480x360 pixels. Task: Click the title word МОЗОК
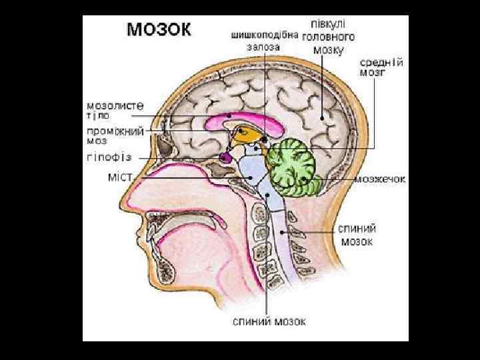pyautogui.click(x=159, y=29)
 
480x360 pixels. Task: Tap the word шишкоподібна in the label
pyautogui.click(x=265, y=35)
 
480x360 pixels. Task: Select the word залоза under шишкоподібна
pyautogui.click(x=263, y=47)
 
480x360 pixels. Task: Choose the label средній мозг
pyautogui.click(x=382, y=67)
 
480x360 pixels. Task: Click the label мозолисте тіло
pyautogui.click(x=115, y=109)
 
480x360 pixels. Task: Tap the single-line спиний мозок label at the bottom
pyautogui.click(x=269, y=321)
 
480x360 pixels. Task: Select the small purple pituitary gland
pyautogui.click(x=225, y=157)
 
